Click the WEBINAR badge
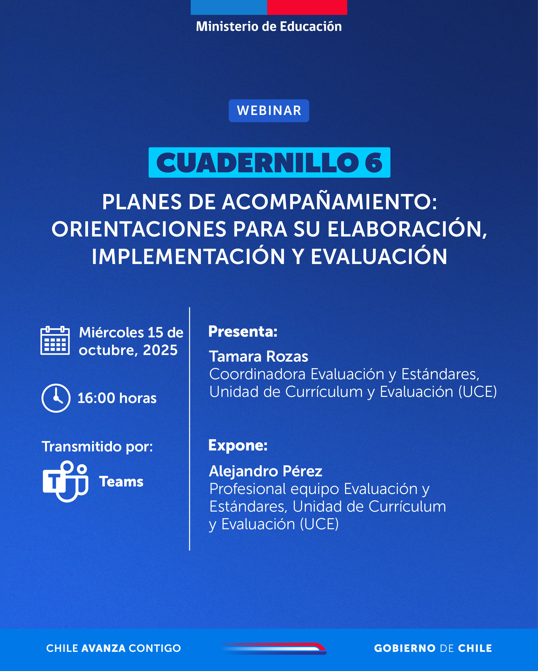[269, 111]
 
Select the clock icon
[56, 398]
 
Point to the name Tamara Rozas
[258, 356]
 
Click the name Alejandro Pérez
[265, 471]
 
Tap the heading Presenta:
[243, 332]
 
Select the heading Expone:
[238, 445]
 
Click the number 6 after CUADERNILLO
[374, 162]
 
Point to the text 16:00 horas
[117, 398]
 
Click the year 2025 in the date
[160, 350]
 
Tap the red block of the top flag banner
[307, 7]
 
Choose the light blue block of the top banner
[229, 7]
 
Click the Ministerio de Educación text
[269, 27]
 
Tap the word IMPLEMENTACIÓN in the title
[188, 257]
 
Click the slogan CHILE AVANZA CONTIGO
[113, 648]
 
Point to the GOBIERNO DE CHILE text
[433, 648]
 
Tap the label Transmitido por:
[97, 447]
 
